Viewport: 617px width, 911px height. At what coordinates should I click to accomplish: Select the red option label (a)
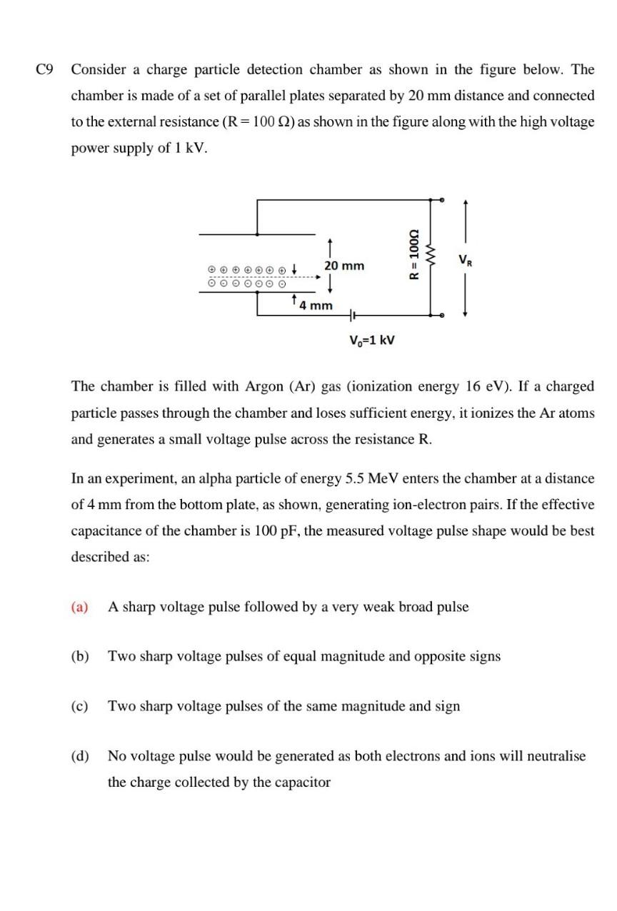[x=79, y=607]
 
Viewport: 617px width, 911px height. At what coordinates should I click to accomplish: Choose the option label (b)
[x=79, y=655]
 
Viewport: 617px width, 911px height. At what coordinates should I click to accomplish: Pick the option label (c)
[x=79, y=706]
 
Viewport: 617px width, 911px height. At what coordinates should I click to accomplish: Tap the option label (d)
[x=79, y=755]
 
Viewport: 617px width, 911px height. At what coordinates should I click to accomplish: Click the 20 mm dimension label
[x=344, y=266]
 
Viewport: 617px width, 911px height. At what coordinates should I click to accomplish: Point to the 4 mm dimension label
[x=316, y=306]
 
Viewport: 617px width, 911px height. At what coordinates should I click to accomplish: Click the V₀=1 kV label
[x=371, y=339]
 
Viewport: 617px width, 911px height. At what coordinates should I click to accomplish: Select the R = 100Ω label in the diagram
[x=412, y=255]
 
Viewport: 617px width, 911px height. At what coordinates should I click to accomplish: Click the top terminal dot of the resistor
[x=442, y=200]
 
